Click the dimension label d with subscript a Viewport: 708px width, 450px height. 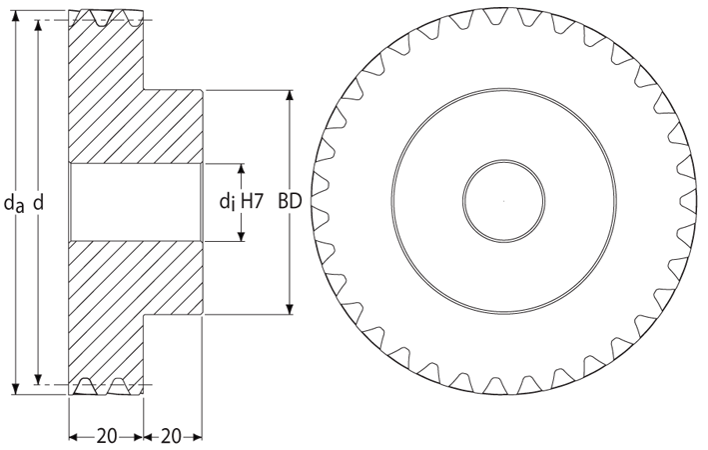tap(14, 203)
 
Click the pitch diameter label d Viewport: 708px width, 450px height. tap(39, 202)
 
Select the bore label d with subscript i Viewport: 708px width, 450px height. tap(227, 201)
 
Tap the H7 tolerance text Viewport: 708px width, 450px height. tap(252, 201)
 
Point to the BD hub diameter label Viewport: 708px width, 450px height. tap(290, 201)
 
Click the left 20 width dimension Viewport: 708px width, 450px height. tap(107, 436)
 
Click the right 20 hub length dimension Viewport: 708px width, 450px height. tap(171, 436)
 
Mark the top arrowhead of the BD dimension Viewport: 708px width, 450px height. tap(290, 96)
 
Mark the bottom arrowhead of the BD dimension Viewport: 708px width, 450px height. tap(290, 308)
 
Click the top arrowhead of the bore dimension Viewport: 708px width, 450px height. tap(241, 170)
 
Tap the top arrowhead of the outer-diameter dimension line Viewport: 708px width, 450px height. tap(16, 16)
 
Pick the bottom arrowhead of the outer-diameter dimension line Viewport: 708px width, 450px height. tap(16, 388)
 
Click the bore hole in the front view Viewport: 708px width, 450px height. tap(503, 201)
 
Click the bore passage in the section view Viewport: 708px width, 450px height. tap(136, 202)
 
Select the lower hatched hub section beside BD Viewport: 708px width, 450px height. tap(173, 278)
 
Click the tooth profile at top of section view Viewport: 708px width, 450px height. tap(107, 17)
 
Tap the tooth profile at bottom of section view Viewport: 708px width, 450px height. tap(107, 387)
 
